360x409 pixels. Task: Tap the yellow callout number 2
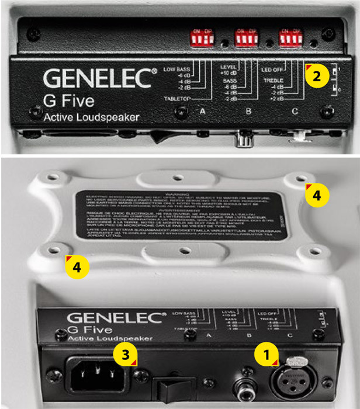click(316, 75)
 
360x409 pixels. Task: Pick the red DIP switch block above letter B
click(245, 38)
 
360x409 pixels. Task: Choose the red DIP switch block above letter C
click(290, 38)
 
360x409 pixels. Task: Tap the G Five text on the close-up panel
click(69, 100)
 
